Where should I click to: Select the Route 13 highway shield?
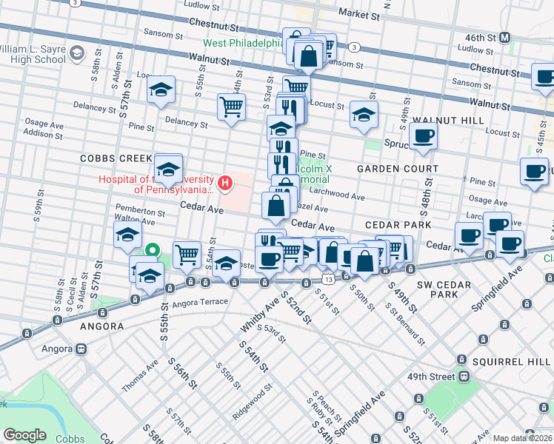pos(327,277)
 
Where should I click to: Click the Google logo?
pos(24,434)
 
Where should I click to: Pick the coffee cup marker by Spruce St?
pos(423,135)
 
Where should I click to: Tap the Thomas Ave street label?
pos(139,377)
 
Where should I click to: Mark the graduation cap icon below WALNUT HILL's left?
pos(363,115)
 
